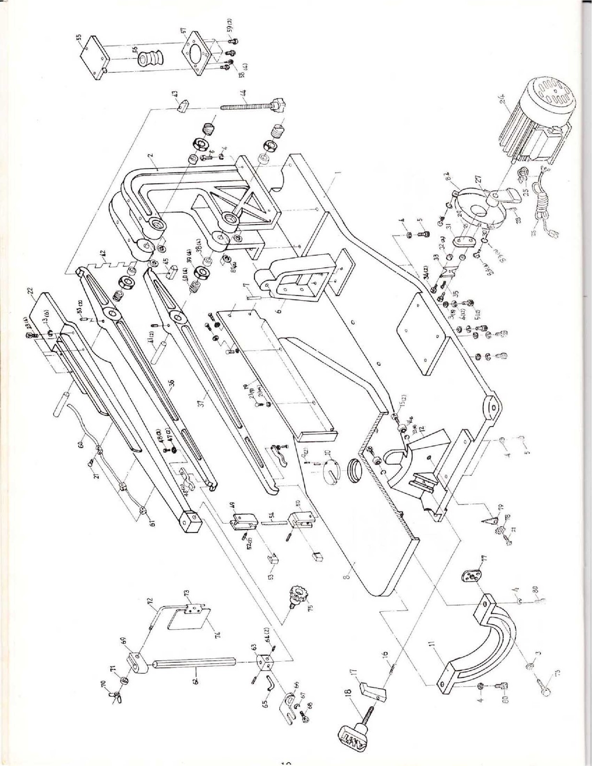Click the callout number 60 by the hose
click(x=81, y=445)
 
